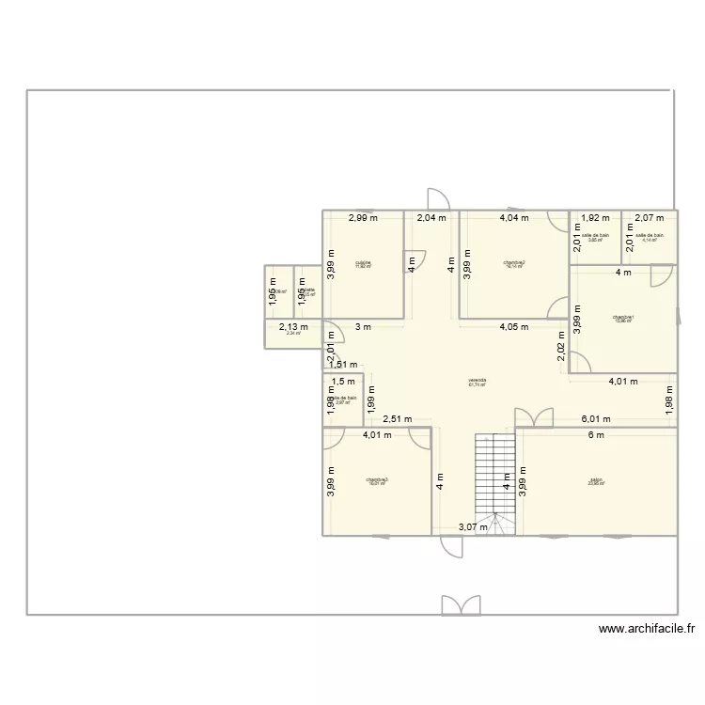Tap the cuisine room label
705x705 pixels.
click(x=363, y=263)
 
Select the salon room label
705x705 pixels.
click(x=596, y=480)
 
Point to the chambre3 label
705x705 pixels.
click(x=377, y=480)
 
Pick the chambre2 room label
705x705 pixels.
click(x=514, y=264)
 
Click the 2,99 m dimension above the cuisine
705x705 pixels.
click(x=362, y=218)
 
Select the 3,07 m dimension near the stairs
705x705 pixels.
click(x=473, y=526)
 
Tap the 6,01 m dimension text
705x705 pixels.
click(x=596, y=419)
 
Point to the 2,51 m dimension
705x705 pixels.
click(x=401, y=419)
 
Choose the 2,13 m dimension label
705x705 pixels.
click(x=293, y=327)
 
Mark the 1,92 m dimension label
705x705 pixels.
click(x=594, y=218)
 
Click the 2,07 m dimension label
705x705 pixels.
click(x=649, y=218)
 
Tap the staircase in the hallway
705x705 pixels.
click(x=494, y=479)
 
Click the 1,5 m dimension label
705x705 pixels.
click(x=343, y=381)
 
